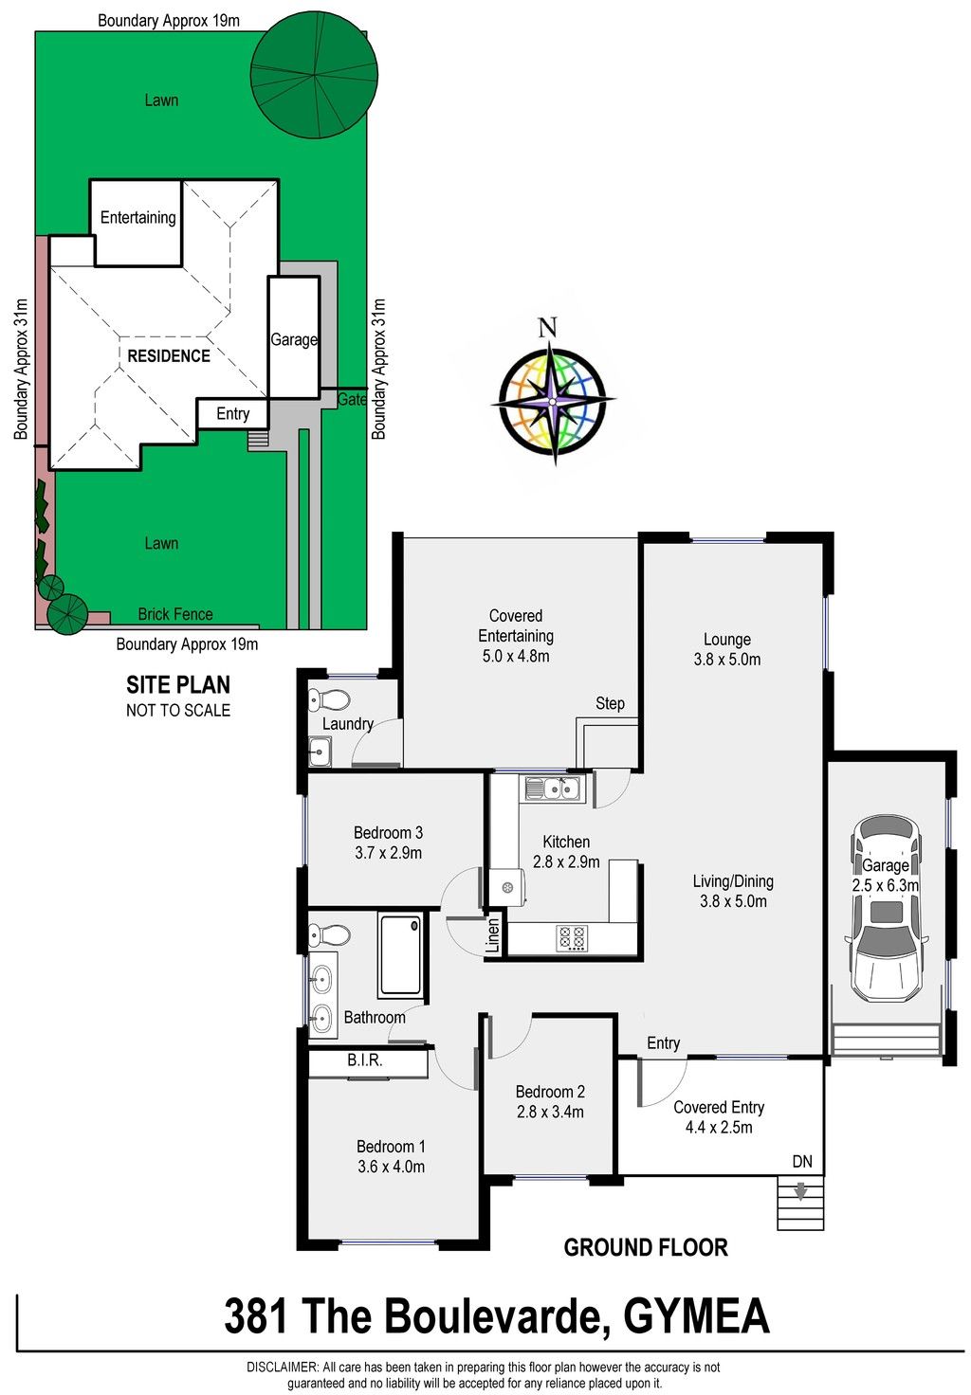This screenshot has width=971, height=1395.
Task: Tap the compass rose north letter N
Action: tap(547, 327)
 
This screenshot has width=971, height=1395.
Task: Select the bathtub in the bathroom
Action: tap(399, 953)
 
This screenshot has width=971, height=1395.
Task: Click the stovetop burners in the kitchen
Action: tap(573, 938)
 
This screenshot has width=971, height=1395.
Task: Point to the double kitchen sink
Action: tap(552, 788)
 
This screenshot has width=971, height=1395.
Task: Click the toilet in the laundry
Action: tap(328, 699)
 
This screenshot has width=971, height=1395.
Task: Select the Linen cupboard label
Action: tap(492, 935)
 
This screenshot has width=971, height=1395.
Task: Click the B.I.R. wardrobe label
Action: tap(364, 1060)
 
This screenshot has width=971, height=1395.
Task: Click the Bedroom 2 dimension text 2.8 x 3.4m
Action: tap(550, 1112)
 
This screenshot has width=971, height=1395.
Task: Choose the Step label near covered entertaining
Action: tap(610, 704)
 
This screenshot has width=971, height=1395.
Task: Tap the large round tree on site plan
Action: tap(314, 73)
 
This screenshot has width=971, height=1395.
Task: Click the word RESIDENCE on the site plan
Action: tap(168, 356)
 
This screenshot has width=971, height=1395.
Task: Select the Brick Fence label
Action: tap(175, 614)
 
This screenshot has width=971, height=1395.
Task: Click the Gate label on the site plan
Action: tap(352, 399)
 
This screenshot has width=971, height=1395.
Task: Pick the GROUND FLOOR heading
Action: tap(645, 1247)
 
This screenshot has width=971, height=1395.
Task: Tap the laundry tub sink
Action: tap(321, 752)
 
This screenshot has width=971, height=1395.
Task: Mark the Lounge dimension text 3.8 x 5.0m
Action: tap(726, 659)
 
